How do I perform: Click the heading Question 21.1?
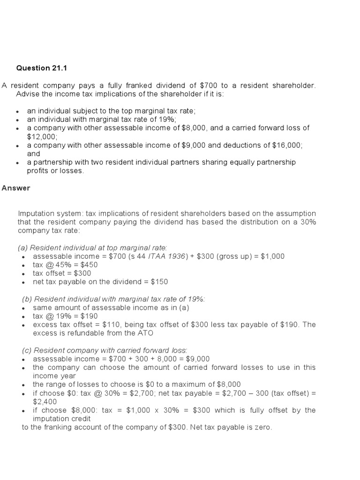[42, 68]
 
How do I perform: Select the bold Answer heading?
[15, 188]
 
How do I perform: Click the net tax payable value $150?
[158, 282]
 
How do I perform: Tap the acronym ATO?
[145, 333]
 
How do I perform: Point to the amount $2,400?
[45, 401]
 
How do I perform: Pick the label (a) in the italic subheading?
[23, 247]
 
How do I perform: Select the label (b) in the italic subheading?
[27, 299]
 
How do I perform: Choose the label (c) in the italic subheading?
[27, 350]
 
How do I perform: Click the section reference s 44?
[141, 256]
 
